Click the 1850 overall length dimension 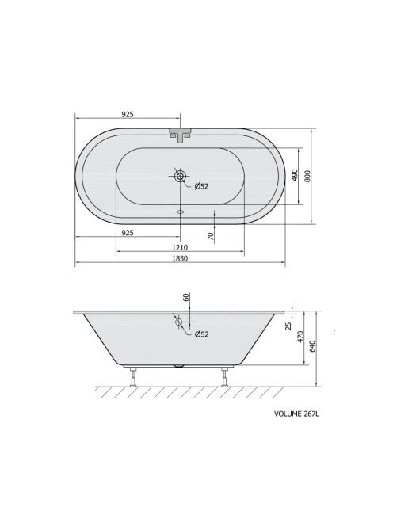click(180, 258)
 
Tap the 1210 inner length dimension click(180, 248)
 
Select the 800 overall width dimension click(307, 176)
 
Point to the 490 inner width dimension click(295, 175)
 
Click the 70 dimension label click(211, 237)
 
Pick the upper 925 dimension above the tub click(128, 114)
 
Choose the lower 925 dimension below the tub click(128, 232)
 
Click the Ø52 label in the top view click(201, 186)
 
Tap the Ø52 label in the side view click(202, 334)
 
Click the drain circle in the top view click(180, 176)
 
